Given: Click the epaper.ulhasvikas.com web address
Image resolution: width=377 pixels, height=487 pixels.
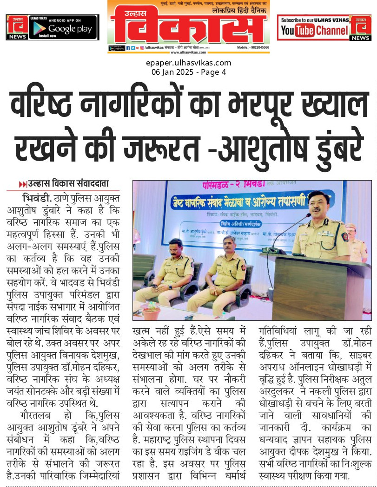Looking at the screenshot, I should coord(188,63).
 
